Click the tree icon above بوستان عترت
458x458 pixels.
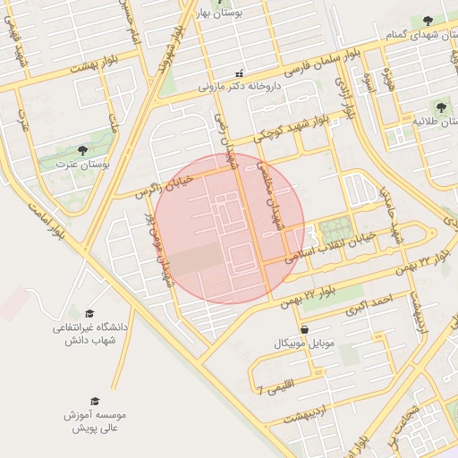(82, 151)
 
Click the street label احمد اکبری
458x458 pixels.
(371, 304)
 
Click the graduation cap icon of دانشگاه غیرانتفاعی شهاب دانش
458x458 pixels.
(89, 313)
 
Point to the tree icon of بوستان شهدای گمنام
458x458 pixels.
(428, 19)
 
